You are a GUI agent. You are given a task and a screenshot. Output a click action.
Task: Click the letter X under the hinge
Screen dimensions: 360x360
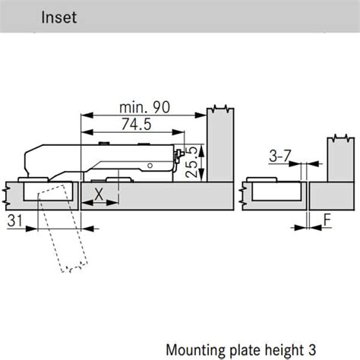[x=99, y=195]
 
